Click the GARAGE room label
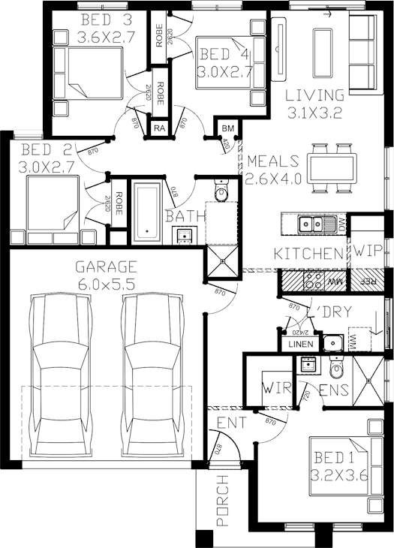click(106, 266)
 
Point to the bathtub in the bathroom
click(147, 212)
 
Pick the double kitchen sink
click(313, 223)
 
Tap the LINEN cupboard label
click(299, 344)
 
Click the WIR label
click(271, 390)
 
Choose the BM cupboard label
click(228, 129)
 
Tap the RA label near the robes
click(159, 129)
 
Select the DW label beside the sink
click(341, 224)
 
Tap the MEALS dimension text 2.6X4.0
click(272, 179)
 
